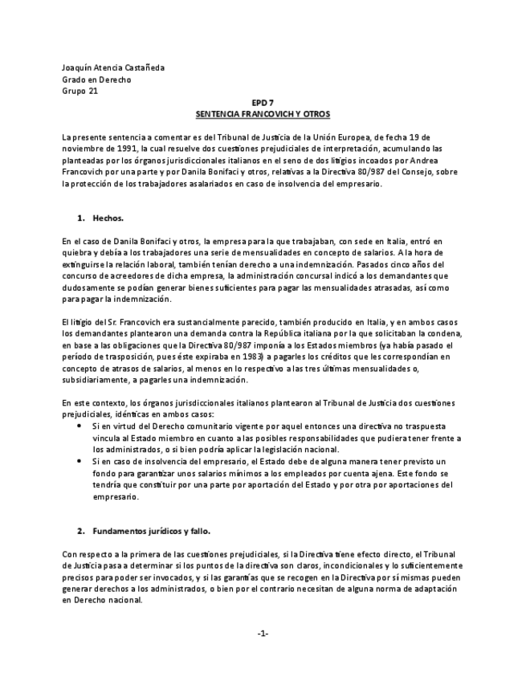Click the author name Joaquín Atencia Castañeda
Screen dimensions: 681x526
(112, 68)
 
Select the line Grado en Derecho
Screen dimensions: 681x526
(96, 80)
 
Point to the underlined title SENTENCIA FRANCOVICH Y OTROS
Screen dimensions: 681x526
(263, 114)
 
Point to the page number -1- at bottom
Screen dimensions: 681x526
(263, 634)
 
